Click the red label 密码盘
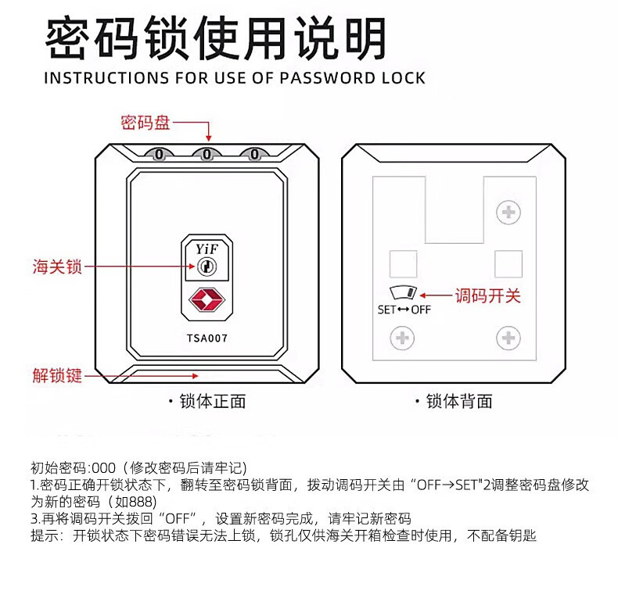[145, 123]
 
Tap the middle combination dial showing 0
[207, 154]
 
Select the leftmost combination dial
[160, 154]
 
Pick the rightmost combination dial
[253, 154]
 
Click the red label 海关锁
[57, 267]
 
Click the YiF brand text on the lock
[207, 249]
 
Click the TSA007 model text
[207, 338]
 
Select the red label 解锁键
[57, 376]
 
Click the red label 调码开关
[487, 295]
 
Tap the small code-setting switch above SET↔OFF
[404, 294]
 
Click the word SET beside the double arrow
[387, 310]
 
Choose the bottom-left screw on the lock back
[403, 338]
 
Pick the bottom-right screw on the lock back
[508, 338]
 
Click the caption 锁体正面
[212, 401]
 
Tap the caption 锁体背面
[459, 401]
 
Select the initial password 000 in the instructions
[102, 468]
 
